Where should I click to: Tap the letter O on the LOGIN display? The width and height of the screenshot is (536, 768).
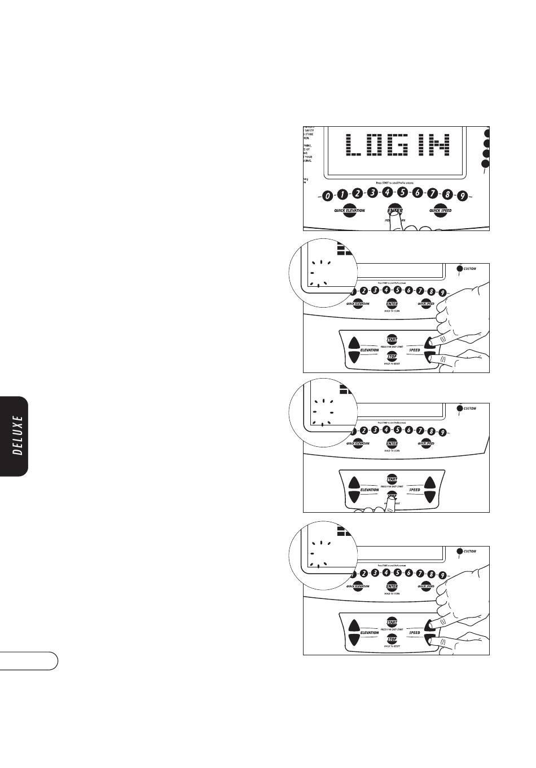[x=379, y=145]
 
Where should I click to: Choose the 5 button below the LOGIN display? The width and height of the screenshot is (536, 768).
[x=402, y=192]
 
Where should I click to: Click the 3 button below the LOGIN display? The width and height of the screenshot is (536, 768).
[x=372, y=193]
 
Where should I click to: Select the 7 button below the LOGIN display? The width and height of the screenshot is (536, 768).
[x=432, y=193]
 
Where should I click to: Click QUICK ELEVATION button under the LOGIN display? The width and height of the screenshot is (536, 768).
[x=349, y=211]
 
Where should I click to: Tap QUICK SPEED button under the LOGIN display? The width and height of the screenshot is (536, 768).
[x=440, y=211]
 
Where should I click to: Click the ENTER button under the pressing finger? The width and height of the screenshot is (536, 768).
[x=394, y=211]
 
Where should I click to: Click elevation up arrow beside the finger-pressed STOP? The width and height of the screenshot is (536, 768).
[x=354, y=483]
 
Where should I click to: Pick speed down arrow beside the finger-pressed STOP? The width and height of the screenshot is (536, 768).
[x=430, y=497]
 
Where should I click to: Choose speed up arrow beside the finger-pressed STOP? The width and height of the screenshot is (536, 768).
[x=430, y=483]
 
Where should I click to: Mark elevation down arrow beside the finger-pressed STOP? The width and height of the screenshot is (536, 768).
[x=354, y=497]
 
